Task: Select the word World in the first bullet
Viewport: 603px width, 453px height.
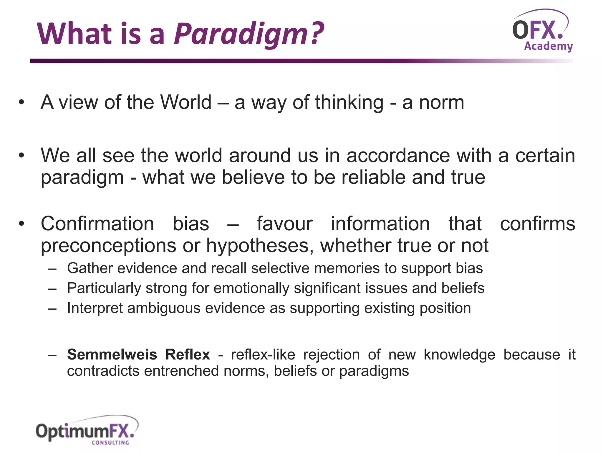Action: coord(186,102)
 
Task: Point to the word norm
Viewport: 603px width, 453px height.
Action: coord(441,102)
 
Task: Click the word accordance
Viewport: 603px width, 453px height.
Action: coord(398,155)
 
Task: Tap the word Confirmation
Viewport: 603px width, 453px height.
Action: coord(97,224)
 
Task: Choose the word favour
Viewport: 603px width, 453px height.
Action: coord(284,224)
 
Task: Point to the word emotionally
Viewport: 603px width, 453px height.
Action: coord(251,288)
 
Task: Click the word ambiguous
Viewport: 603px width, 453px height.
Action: coord(164,308)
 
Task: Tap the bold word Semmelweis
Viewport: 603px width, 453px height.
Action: coord(112,354)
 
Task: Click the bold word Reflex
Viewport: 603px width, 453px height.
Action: coord(188,354)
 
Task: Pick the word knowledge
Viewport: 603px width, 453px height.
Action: coord(459,354)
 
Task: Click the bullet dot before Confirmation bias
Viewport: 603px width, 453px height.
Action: coord(21,224)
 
